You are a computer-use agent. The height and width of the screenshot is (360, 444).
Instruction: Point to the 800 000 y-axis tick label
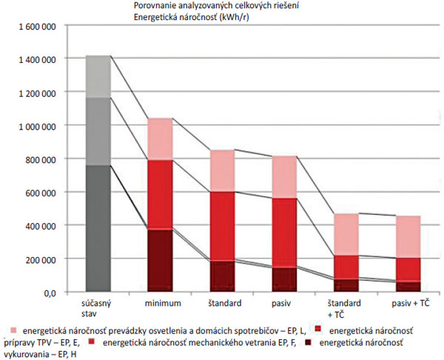38,159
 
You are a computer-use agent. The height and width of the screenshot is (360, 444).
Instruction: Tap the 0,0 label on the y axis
49,293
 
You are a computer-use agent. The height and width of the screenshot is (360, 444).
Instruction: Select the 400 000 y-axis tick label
38,226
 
